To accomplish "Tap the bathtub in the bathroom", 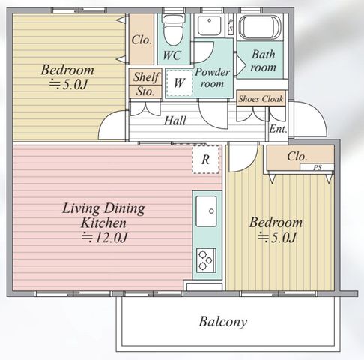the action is coord(260,28).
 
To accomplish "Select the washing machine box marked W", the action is coord(179,82).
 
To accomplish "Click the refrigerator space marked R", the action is coord(206,160).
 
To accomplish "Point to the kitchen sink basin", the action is coord(206,211).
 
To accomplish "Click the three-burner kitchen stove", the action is coord(206,260).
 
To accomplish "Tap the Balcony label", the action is coord(223,322).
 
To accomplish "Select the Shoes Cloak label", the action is coord(261,99).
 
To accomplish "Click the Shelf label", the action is coord(146,76).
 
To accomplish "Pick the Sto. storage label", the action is coord(145,91).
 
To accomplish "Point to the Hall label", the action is coord(175,121).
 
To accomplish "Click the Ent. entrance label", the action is coord(278,129).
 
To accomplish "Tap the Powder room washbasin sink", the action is coord(210,25).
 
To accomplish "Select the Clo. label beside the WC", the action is coord(142,40).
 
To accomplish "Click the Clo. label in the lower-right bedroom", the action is coord(297,157).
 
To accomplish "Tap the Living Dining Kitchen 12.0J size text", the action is coord(105,238).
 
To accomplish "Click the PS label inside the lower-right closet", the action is coord(318,167).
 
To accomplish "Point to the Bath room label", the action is coord(263,61).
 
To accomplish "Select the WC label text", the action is coord(172,55).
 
